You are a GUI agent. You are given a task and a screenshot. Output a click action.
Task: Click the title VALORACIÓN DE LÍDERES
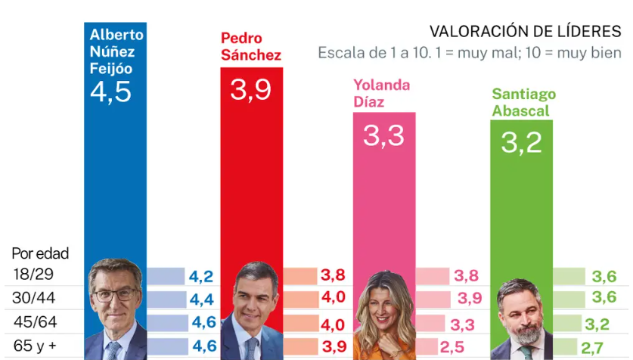click(x=525, y=31)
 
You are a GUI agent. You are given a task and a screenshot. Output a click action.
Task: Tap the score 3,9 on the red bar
click(x=251, y=90)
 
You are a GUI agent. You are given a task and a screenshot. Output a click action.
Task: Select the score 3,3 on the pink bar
click(x=383, y=135)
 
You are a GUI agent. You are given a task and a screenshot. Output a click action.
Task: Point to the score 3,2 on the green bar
click(x=522, y=142)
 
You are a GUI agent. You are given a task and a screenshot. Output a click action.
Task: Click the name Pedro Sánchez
click(x=250, y=46)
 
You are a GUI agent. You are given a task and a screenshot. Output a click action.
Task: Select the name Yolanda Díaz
click(x=381, y=92)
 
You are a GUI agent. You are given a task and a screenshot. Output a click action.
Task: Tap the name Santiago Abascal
click(x=523, y=102)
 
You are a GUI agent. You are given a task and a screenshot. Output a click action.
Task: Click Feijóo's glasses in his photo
click(x=115, y=293)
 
